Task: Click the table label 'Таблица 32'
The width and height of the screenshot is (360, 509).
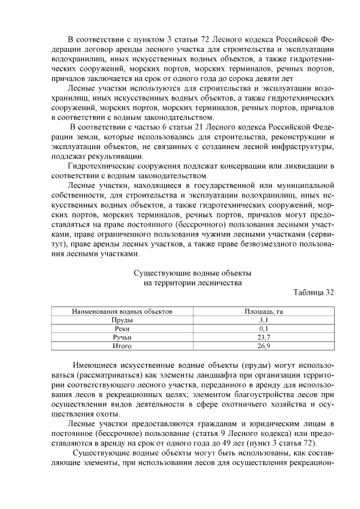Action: [314, 292]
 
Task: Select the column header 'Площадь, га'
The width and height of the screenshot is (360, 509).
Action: [263, 311]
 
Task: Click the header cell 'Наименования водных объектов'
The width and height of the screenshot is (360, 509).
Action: [122, 311]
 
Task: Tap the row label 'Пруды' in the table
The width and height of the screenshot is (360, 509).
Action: [122, 319]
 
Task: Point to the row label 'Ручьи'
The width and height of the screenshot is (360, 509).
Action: [122, 337]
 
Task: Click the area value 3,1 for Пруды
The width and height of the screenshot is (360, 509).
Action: [263, 319]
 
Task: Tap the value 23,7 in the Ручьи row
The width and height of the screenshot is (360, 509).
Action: [263, 337]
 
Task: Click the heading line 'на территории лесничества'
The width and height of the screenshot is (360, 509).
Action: [193, 283]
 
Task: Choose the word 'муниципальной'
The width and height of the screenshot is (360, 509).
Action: [302, 186]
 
